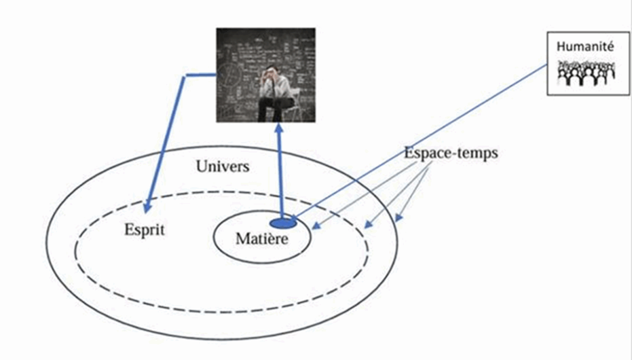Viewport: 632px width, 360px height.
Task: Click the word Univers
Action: tap(222, 166)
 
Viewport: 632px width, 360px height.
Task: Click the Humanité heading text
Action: tap(585, 47)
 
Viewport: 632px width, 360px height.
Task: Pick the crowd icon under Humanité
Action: tap(586, 73)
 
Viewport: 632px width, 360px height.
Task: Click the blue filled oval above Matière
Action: tap(282, 222)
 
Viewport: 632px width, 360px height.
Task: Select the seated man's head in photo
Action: tap(272, 73)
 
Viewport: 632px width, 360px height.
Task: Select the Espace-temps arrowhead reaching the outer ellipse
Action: tap(398, 218)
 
